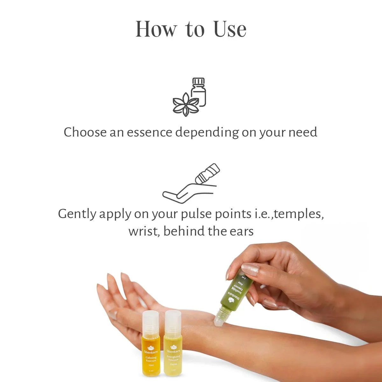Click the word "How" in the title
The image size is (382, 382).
[x=156, y=29]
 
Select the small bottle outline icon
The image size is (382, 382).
[x=199, y=92]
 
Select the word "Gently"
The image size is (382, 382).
[x=77, y=214]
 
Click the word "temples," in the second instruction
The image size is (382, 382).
[x=299, y=214]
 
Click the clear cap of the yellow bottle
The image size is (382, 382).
[x=173, y=320]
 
